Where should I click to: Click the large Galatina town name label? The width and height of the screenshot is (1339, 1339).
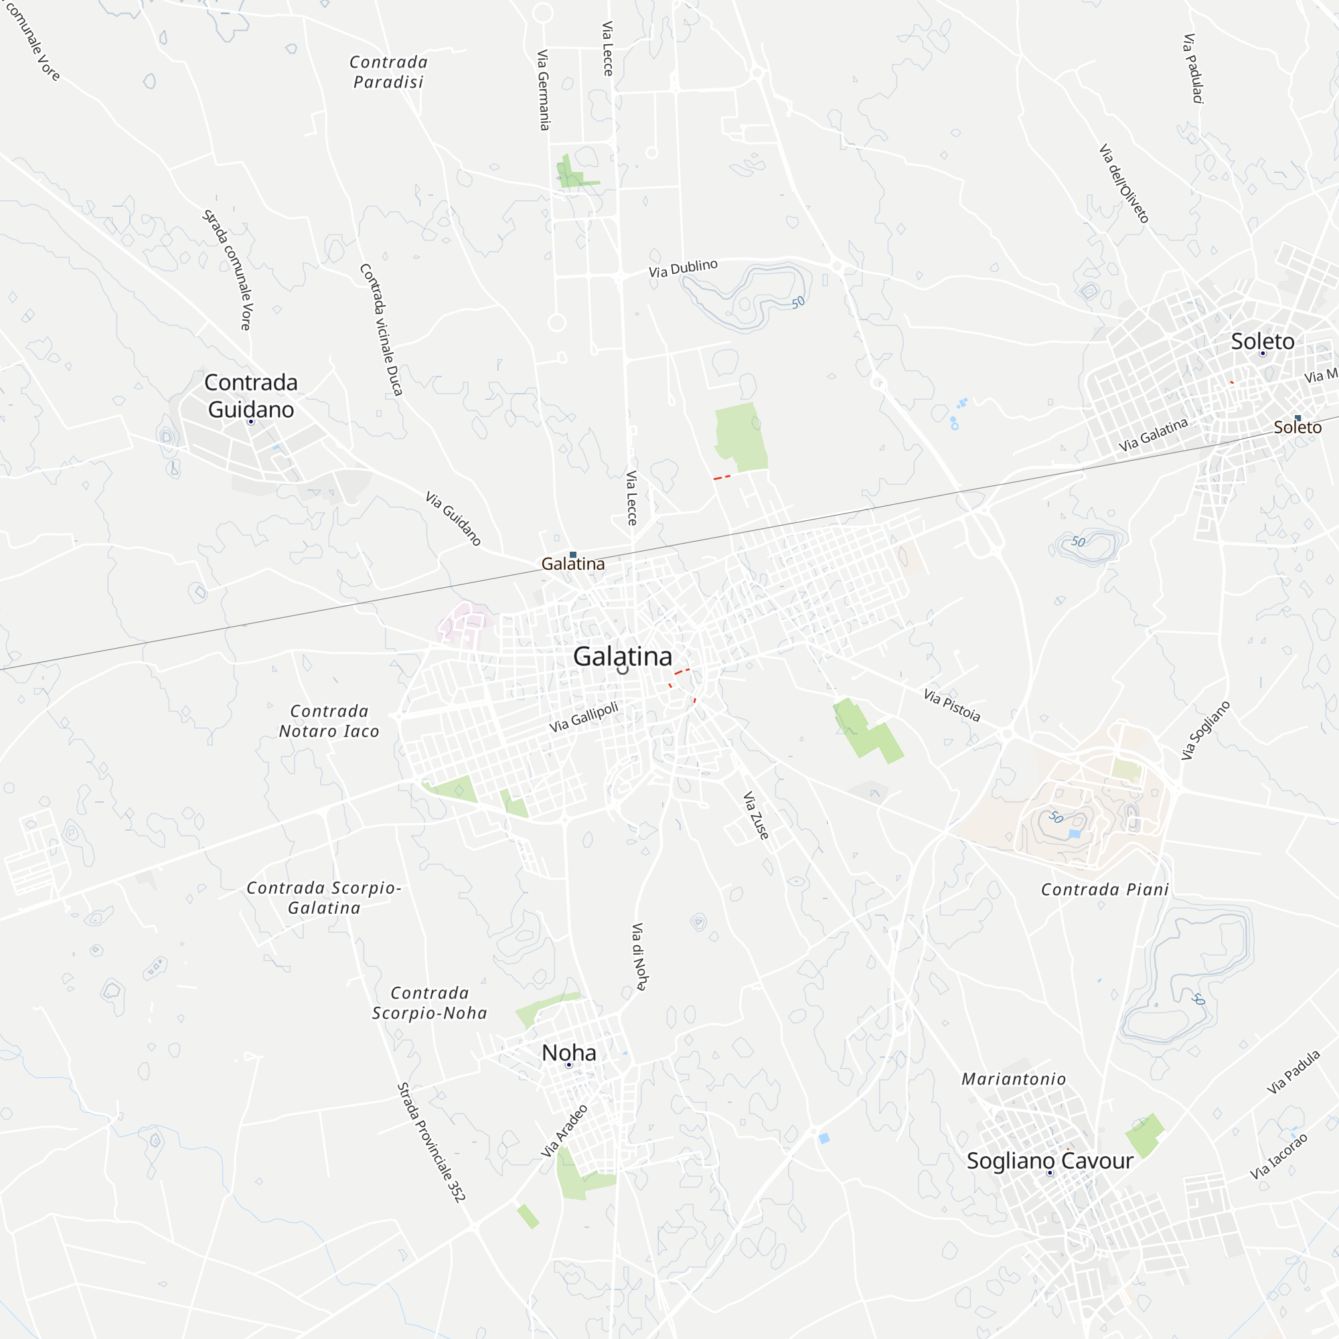click(x=622, y=656)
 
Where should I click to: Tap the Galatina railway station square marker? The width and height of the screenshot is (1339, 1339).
click(x=573, y=554)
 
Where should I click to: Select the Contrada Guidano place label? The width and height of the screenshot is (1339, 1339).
click(x=251, y=396)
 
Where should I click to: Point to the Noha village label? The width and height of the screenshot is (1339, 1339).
click(x=568, y=1052)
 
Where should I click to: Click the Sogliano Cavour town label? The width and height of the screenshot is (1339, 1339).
click(x=1049, y=1161)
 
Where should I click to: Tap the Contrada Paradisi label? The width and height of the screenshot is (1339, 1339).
click(x=388, y=72)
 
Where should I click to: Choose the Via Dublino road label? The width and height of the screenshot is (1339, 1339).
click(x=683, y=268)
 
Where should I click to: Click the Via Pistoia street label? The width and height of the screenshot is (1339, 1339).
click(x=951, y=706)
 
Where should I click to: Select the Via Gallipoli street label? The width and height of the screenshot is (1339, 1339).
click(x=584, y=717)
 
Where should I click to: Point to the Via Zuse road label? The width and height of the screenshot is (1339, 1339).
click(x=755, y=815)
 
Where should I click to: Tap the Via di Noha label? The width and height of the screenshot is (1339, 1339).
click(x=639, y=957)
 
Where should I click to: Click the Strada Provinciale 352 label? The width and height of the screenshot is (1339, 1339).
click(x=430, y=1142)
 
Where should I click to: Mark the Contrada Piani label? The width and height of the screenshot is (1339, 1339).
click(x=1105, y=890)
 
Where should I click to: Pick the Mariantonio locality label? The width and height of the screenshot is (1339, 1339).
click(x=1013, y=1079)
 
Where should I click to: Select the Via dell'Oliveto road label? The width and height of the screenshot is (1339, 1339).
click(x=1124, y=183)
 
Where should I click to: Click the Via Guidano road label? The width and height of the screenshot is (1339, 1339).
click(x=453, y=518)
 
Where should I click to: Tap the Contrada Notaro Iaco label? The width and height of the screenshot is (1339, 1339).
click(x=329, y=721)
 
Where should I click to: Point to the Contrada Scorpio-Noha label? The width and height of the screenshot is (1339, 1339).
click(x=430, y=1003)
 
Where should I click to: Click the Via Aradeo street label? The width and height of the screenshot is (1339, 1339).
click(x=564, y=1131)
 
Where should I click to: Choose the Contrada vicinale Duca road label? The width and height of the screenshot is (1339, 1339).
click(x=381, y=329)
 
